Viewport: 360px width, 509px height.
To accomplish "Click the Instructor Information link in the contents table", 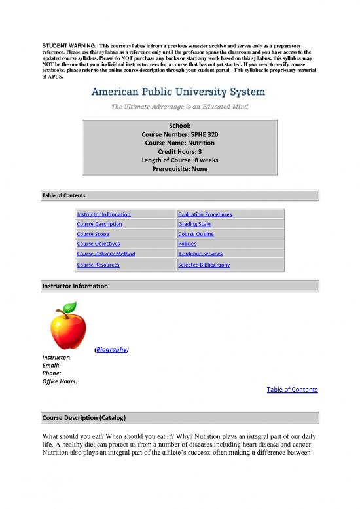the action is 103,214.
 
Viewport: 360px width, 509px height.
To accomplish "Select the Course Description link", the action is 99,224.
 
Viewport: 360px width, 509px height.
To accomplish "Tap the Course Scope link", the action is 93,234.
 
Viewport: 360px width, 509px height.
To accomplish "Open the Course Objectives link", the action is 98,244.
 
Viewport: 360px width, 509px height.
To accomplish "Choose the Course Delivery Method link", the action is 106,254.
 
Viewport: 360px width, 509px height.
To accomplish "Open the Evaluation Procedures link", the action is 205,214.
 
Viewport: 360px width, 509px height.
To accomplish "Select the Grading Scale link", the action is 194,224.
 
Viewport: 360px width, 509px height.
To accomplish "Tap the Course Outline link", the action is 196,234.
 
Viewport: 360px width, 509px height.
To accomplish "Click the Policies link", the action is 187,244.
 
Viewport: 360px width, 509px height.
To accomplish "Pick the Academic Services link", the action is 200,254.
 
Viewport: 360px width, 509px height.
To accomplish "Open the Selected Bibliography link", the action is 204,265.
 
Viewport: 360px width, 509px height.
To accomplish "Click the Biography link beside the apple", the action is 111,350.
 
